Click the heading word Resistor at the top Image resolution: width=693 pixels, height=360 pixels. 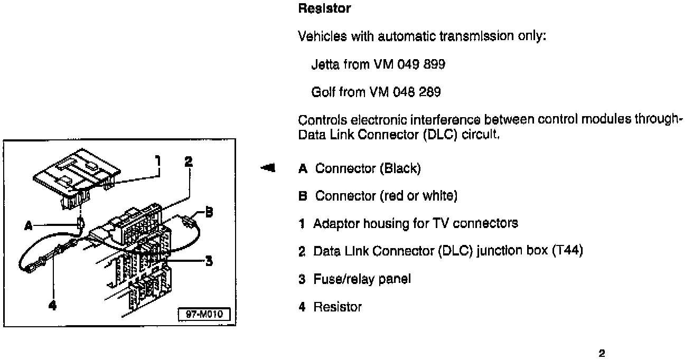click(324, 9)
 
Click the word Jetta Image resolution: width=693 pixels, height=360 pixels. click(325, 65)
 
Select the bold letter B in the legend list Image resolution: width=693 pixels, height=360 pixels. click(303, 196)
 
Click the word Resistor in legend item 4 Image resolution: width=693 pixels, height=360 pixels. click(338, 307)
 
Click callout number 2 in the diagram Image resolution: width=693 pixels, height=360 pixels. click(189, 161)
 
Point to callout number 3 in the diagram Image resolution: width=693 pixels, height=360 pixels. click(209, 260)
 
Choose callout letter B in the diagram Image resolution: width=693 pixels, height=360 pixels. click(210, 212)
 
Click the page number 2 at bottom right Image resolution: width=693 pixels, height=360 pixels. click(602, 353)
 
